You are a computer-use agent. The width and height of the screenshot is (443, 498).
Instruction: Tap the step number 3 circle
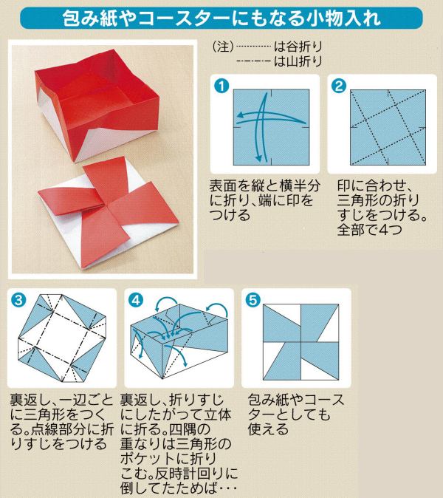tap(18, 299)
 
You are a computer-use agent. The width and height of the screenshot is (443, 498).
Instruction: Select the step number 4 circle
tap(136, 299)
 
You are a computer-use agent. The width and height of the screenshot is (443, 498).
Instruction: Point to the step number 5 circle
tap(254, 299)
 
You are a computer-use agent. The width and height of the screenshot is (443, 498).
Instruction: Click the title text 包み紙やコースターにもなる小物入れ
tap(221, 16)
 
